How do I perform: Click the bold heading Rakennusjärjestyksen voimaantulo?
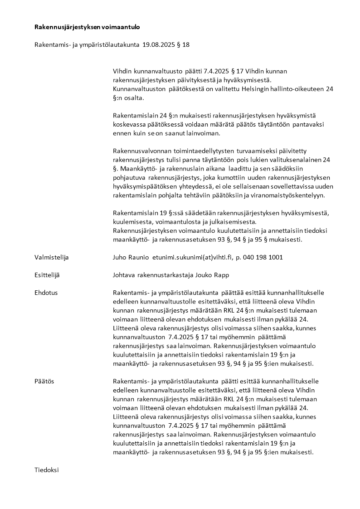click(87, 27)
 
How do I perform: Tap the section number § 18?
click(184, 45)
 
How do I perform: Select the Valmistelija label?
click(51, 257)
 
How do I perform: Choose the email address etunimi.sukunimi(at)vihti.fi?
click(192, 257)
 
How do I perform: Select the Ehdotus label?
click(46, 293)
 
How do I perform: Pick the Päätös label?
click(44, 382)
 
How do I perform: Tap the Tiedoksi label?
click(47, 470)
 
